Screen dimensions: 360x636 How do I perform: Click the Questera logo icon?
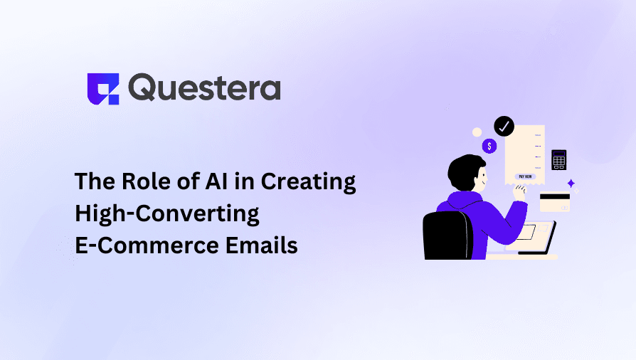102,89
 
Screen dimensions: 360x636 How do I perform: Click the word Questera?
206,88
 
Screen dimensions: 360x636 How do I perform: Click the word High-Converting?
167,213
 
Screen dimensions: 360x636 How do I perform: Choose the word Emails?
263,245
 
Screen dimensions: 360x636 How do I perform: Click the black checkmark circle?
504,127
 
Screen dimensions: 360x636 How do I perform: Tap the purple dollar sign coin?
489,146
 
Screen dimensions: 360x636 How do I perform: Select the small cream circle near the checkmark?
477,132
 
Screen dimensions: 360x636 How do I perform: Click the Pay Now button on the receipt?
526,176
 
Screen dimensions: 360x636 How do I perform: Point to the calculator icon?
558,159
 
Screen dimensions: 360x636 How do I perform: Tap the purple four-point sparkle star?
571,184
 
